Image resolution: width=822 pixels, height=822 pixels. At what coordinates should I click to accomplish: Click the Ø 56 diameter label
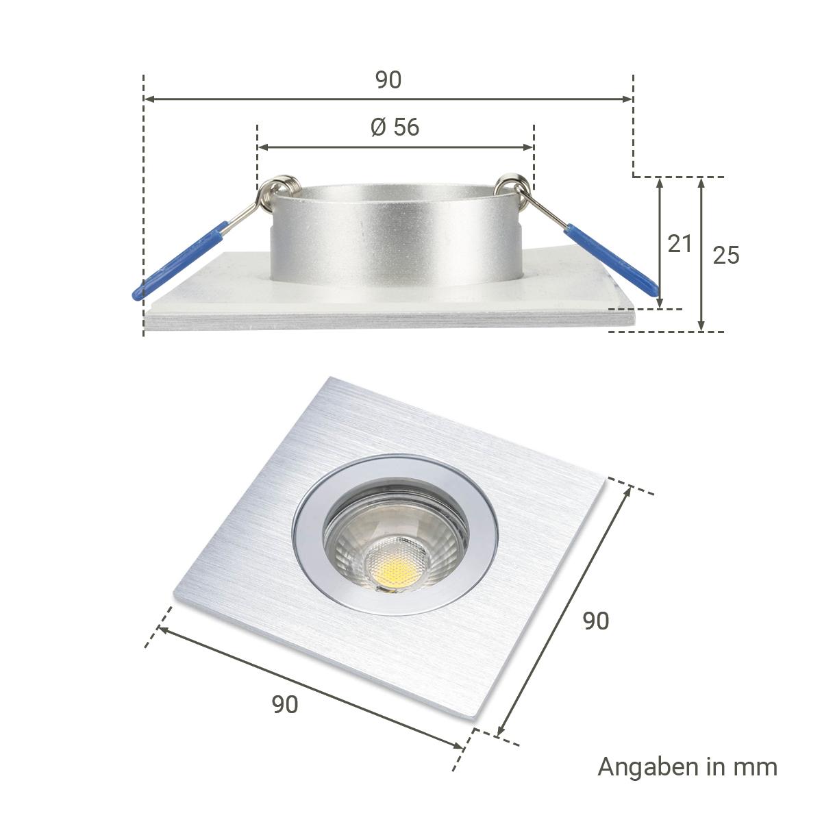pos(395,127)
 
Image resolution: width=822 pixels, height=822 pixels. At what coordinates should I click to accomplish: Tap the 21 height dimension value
pos(680,244)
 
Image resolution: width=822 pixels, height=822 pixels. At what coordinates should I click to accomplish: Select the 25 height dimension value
pos(726,255)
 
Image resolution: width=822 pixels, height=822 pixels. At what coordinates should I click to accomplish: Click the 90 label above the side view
pos(388,79)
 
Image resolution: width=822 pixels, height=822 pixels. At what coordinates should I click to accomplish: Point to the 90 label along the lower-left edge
pos(285,704)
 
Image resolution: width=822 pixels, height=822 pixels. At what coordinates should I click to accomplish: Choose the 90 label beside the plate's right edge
pos(595,621)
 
